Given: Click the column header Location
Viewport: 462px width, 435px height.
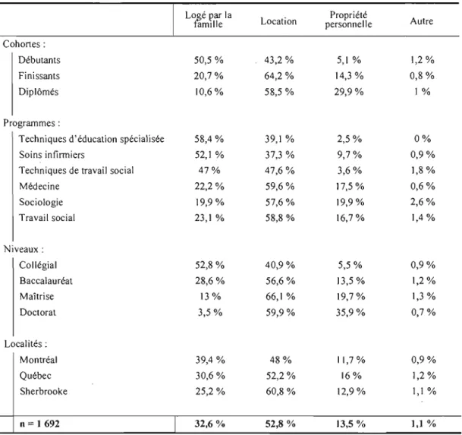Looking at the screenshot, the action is click(x=278, y=21).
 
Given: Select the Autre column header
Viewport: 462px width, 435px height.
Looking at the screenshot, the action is click(x=422, y=21).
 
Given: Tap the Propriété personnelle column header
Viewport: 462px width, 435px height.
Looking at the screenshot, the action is click(x=348, y=20).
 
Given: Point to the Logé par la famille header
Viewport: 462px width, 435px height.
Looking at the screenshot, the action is click(x=209, y=20).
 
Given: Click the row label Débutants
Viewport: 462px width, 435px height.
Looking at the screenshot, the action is click(x=39, y=60).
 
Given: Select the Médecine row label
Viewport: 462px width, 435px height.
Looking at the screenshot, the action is click(x=39, y=186).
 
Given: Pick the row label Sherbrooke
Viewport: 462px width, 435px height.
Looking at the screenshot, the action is click(x=43, y=392).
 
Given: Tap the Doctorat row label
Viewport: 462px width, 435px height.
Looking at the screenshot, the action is click(x=38, y=312).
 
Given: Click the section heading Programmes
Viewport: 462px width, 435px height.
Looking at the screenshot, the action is click(x=32, y=123).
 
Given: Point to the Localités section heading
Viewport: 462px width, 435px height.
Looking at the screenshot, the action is click(x=26, y=344).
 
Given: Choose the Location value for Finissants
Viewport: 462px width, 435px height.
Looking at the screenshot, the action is click(x=279, y=76).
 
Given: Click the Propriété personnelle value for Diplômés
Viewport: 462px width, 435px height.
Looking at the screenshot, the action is click(x=349, y=92).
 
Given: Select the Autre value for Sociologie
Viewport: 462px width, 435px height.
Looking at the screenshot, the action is click(x=423, y=202).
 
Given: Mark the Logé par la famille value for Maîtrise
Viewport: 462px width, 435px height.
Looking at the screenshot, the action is click(x=210, y=296).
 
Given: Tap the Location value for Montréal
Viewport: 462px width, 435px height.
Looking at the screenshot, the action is click(x=281, y=360).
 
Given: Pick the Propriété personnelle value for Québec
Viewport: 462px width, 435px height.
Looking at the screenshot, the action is click(x=351, y=376).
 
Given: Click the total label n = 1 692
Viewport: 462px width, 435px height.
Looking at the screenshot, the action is click(x=39, y=424).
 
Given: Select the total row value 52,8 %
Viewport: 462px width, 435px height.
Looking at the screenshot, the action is click(x=280, y=424).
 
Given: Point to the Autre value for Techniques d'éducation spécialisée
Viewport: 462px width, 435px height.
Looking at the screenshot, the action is click(x=423, y=139).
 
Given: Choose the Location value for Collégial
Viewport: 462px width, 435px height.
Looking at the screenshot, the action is click(x=280, y=265).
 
